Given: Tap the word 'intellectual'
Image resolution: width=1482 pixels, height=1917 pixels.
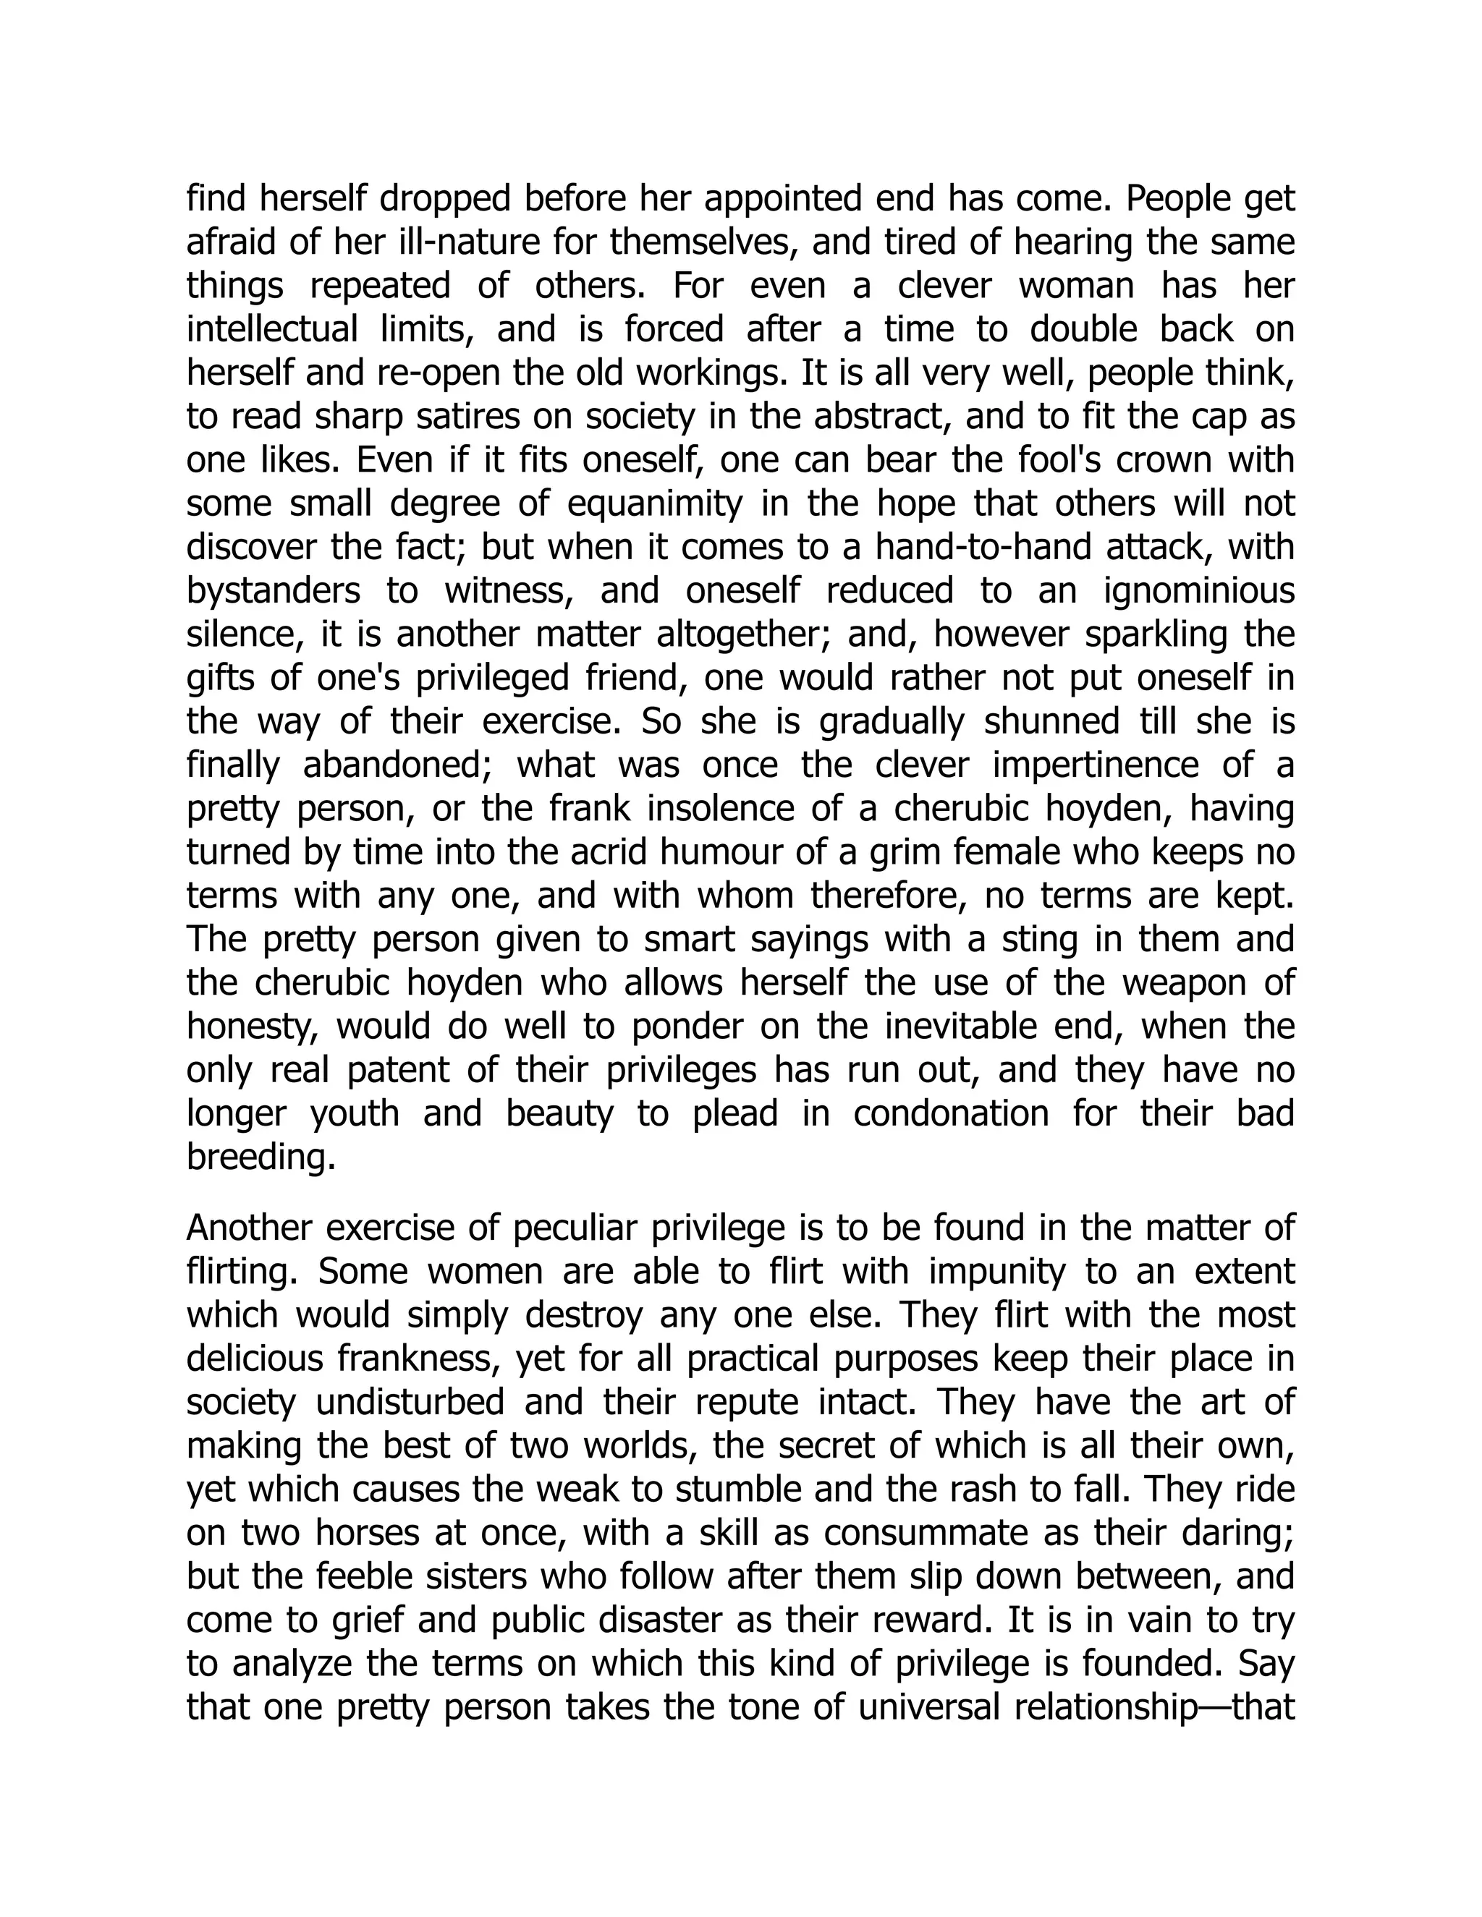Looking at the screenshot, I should pyautogui.click(x=271, y=330).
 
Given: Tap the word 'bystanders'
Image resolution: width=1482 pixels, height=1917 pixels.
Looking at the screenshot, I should pyautogui.click(x=273, y=592).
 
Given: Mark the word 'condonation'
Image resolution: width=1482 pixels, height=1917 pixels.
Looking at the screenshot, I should pyautogui.click(x=951, y=1114).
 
